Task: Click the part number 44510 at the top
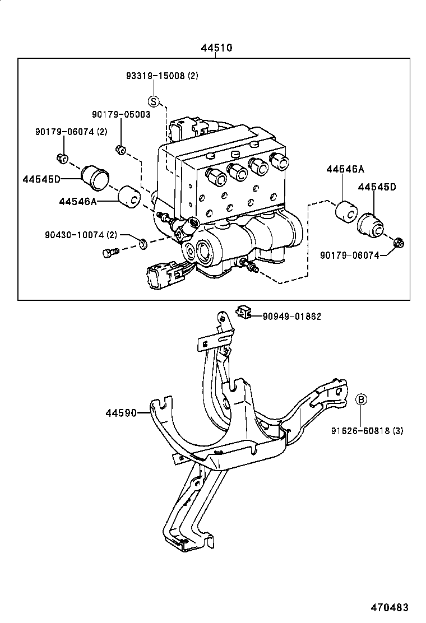click(216, 48)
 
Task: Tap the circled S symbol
click(154, 101)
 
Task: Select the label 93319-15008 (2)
click(161, 76)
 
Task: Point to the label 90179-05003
click(121, 114)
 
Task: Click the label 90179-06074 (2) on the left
click(71, 132)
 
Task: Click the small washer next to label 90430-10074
click(143, 243)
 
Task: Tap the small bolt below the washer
click(109, 254)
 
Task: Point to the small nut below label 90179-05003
click(120, 148)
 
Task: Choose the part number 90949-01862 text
click(291, 317)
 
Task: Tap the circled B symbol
click(362, 399)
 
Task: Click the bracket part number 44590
click(121, 413)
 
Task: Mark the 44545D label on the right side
click(377, 187)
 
